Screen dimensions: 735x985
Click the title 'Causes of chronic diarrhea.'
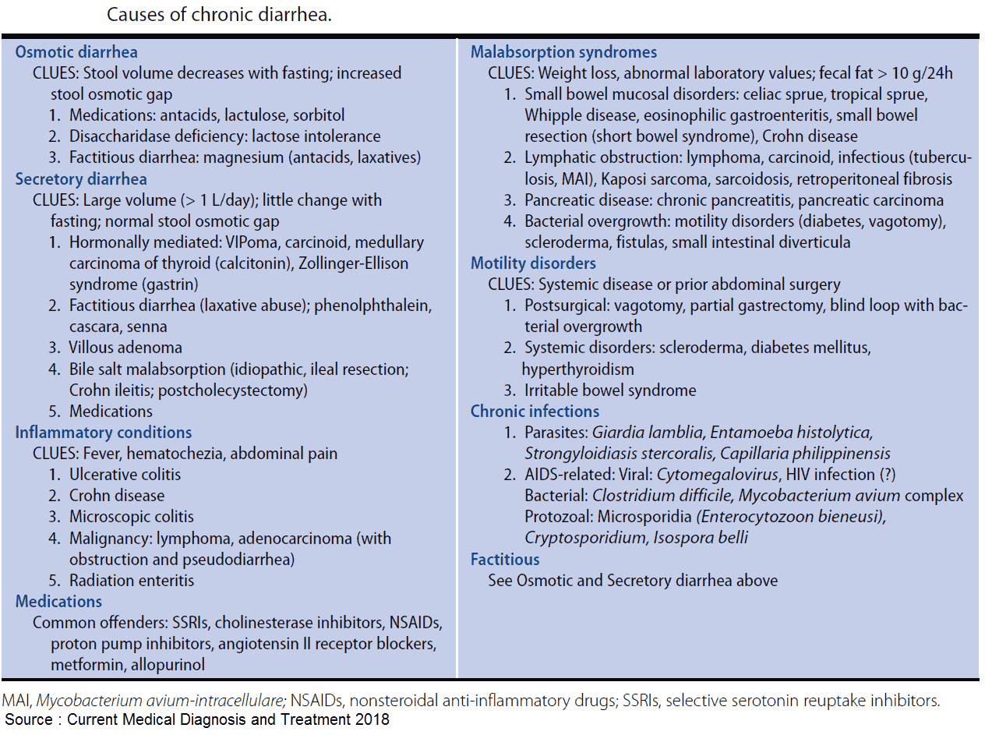(219, 15)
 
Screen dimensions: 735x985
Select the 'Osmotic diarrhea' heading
(76, 52)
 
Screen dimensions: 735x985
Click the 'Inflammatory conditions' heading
(104, 433)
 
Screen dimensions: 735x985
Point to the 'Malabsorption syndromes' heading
(563, 52)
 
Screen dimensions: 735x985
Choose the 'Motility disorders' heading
(533, 263)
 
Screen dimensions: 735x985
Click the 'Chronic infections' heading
(535, 412)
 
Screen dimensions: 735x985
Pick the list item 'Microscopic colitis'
(131, 517)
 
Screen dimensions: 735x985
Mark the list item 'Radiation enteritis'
(131, 581)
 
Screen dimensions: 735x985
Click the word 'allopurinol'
(168, 665)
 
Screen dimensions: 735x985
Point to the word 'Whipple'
(552, 115)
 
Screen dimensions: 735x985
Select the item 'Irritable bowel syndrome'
(609, 390)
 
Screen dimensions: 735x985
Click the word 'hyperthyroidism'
(577, 369)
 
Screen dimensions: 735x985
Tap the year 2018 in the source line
(373, 719)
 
